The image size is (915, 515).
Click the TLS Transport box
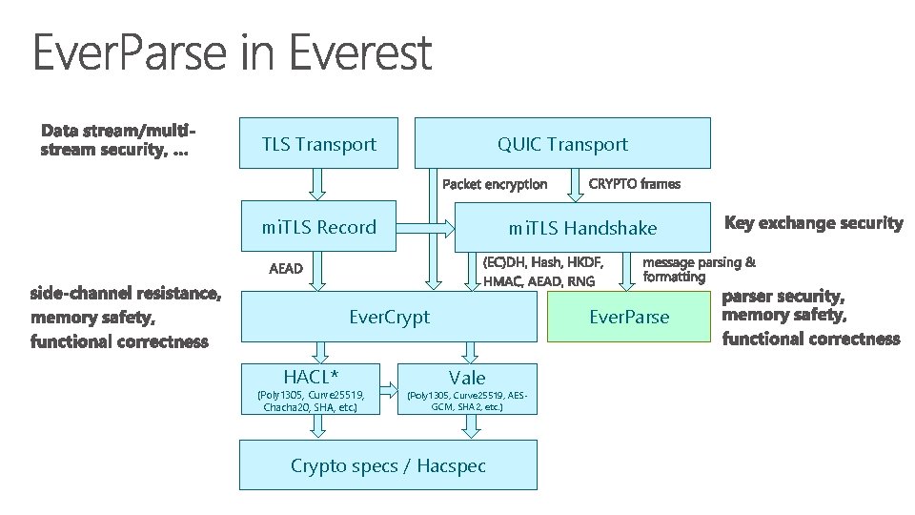click(x=318, y=144)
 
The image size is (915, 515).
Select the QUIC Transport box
click(x=562, y=143)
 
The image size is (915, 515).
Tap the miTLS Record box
click(x=318, y=227)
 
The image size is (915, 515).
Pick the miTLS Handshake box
click(x=581, y=227)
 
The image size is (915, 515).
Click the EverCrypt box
click(x=389, y=317)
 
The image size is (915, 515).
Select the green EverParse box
click(x=629, y=317)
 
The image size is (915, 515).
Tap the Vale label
click(x=467, y=378)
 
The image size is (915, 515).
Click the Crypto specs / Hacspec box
click(x=388, y=465)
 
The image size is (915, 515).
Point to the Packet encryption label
click(x=496, y=183)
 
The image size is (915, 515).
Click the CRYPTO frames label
click(x=636, y=182)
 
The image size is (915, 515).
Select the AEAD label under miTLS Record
click(x=286, y=269)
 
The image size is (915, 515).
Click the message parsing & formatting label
click(x=700, y=268)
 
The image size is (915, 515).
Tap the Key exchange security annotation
click(x=814, y=223)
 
